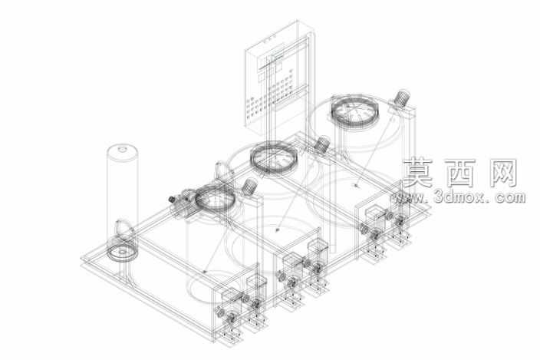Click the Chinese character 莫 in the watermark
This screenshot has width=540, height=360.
click(x=417, y=173)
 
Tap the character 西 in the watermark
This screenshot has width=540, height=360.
click(x=459, y=173)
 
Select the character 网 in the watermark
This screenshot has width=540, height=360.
click(x=502, y=173)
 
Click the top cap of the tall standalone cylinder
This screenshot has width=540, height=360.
click(x=122, y=152)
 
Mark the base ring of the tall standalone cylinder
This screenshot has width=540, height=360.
click(x=122, y=253)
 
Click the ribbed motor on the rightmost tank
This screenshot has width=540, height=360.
click(x=401, y=97)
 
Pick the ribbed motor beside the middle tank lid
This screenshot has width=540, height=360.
click(x=322, y=144)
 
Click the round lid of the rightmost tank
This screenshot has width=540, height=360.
click(x=355, y=111)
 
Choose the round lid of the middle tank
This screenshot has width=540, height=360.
click(x=273, y=159)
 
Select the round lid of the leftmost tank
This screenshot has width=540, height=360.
click(x=216, y=198)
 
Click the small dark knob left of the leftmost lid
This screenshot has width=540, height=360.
click(x=172, y=199)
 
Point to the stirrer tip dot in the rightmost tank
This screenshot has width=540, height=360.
click(x=356, y=185)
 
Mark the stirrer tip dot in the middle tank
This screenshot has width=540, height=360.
click(x=278, y=229)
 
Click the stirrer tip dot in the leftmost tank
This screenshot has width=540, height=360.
click(x=205, y=272)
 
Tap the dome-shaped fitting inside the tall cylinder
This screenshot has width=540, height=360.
click(x=123, y=228)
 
